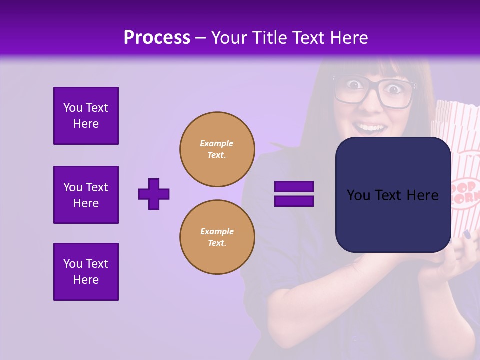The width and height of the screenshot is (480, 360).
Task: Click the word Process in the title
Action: [157, 38]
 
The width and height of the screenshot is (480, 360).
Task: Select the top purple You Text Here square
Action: [86, 116]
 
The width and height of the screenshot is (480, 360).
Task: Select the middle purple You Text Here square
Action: [86, 195]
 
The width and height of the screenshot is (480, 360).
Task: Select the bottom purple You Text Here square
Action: [86, 272]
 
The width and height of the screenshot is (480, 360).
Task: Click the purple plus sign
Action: [154, 194]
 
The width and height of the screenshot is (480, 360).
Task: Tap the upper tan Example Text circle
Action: [217, 149]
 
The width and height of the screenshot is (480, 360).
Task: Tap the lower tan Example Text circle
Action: [217, 237]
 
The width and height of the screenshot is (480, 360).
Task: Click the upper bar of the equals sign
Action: [294, 186]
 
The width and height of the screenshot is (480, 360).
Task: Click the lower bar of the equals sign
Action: [294, 201]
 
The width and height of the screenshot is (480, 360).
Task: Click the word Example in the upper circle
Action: [216, 143]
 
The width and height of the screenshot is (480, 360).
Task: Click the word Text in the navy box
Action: [391, 195]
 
